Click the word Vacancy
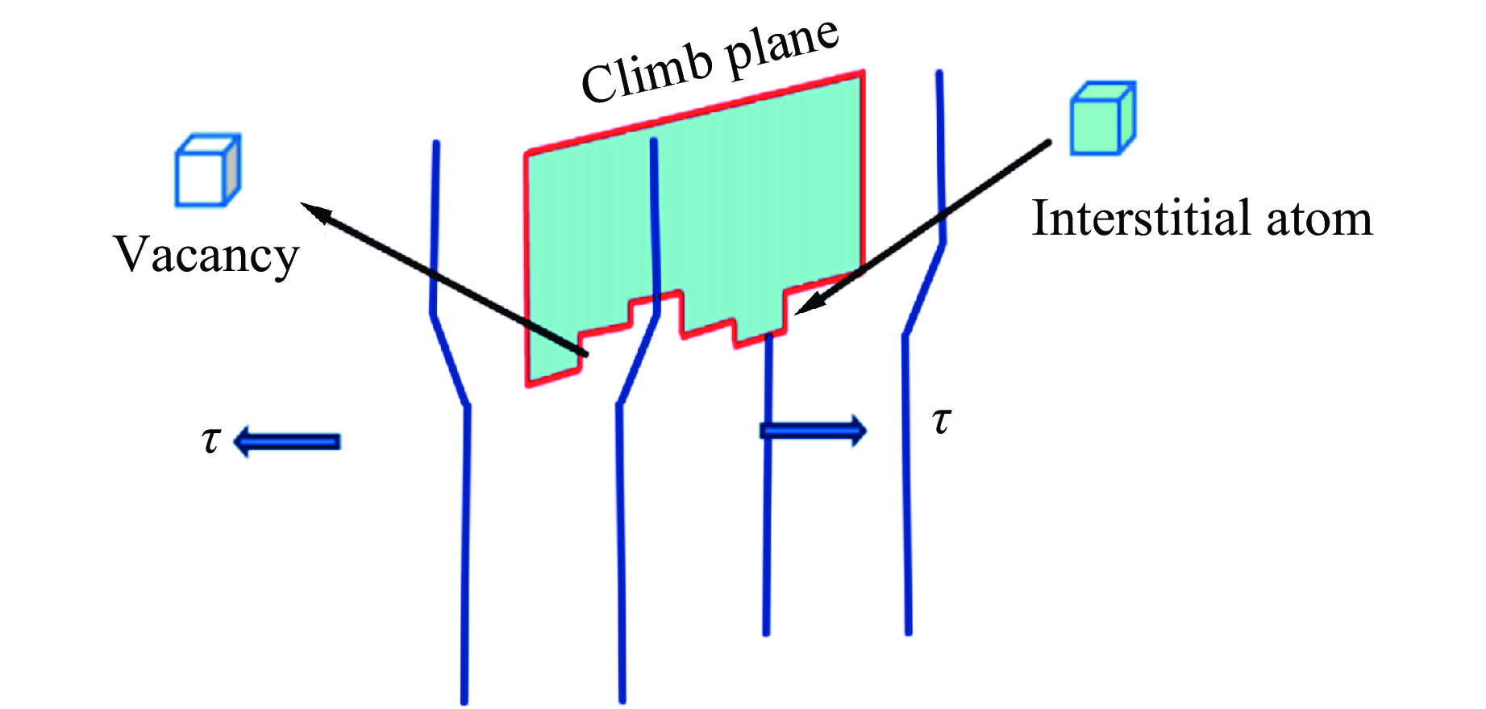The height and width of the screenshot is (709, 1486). (x=206, y=255)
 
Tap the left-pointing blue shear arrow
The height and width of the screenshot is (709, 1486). (x=287, y=441)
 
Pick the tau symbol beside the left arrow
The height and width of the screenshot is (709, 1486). (x=210, y=440)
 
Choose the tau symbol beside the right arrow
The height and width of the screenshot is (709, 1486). (x=941, y=420)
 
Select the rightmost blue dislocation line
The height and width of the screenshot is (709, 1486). (x=906, y=484)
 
